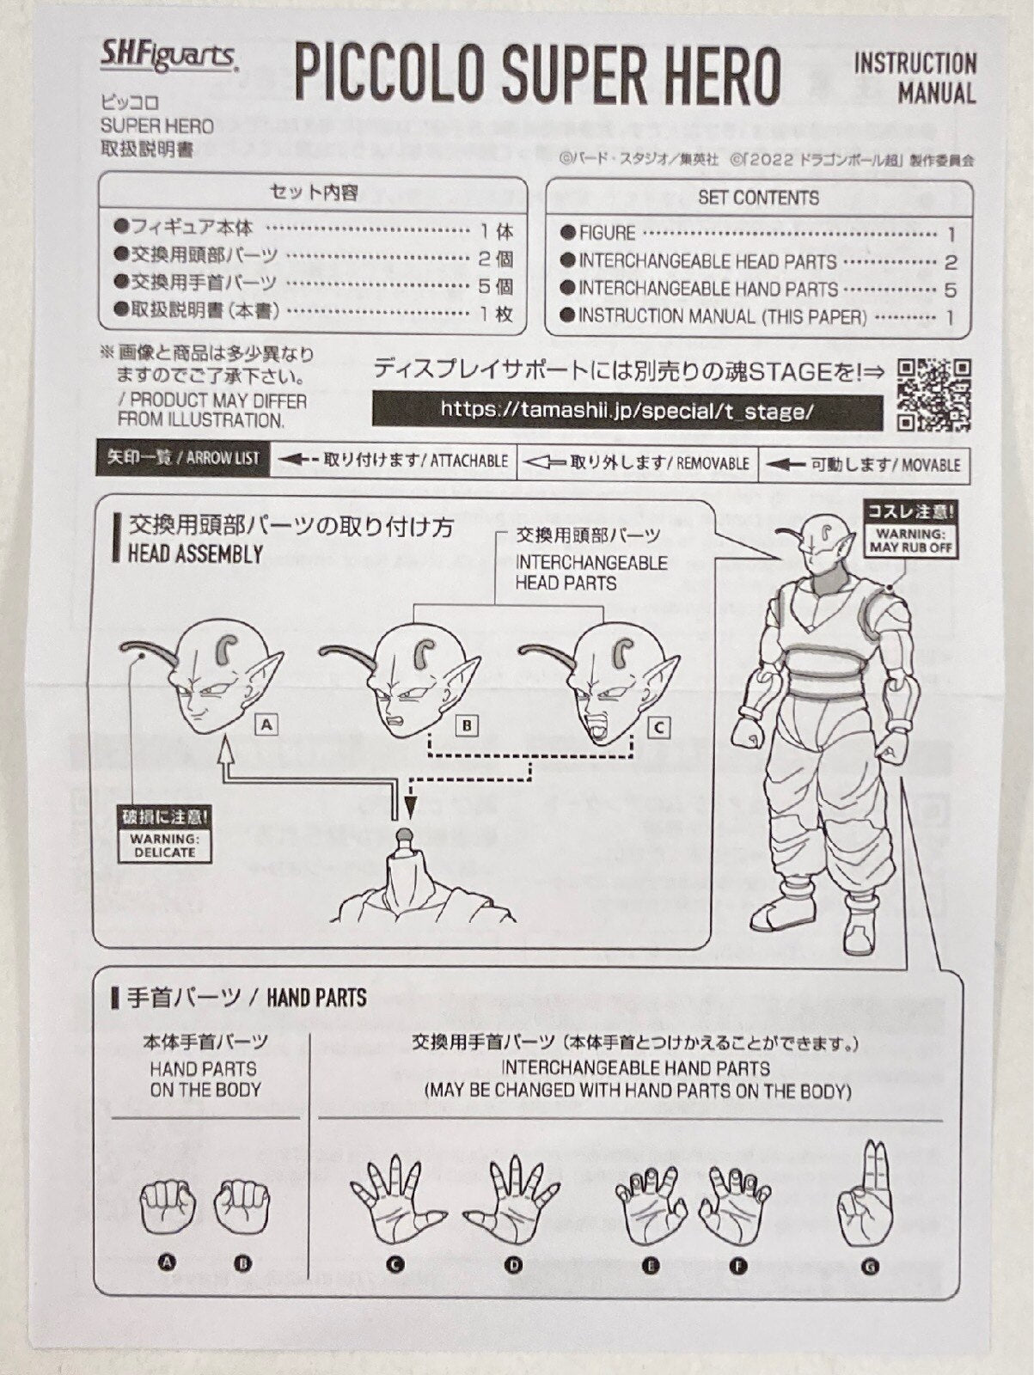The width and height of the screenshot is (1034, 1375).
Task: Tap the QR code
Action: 933,394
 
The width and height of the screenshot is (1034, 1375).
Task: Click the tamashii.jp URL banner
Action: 627,410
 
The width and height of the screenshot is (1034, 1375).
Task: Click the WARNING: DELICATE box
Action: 164,833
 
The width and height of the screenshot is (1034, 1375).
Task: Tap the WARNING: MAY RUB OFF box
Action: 912,530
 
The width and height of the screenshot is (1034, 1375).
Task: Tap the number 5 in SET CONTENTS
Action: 950,290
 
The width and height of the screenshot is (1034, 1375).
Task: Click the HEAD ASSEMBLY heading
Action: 195,554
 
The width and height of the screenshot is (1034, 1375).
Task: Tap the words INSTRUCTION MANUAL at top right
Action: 915,77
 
